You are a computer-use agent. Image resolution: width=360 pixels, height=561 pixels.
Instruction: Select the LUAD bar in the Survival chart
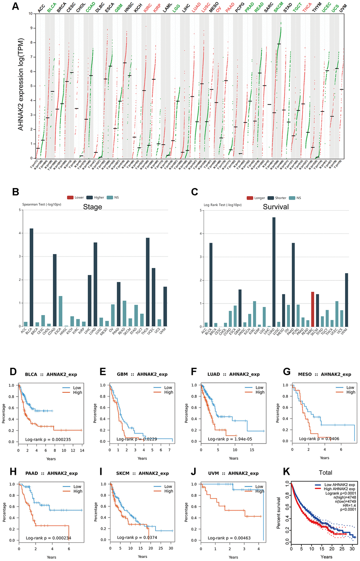tap(274, 272)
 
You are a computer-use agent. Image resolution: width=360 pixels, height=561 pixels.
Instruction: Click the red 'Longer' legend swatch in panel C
tap(250, 198)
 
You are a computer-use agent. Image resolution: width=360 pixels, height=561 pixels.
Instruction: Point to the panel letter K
tap(287, 472)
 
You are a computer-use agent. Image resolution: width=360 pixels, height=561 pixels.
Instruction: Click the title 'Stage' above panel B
tap(92, 207)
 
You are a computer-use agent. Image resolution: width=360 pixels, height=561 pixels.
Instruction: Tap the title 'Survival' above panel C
tap(276, 207)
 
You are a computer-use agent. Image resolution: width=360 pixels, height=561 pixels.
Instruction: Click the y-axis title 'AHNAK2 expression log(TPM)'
tap(21, 84)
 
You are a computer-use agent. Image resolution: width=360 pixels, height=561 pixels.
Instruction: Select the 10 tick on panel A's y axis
tap(31, 13)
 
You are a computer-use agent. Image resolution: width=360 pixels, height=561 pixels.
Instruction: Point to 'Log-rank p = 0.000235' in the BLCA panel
tap(48, 440)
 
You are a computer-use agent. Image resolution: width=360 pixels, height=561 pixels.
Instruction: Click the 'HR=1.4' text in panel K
tap(349, 506)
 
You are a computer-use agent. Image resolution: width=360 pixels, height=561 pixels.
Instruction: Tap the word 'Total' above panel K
tap(325, 472)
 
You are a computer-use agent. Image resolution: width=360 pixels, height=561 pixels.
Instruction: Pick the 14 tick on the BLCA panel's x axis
tap(82, 450)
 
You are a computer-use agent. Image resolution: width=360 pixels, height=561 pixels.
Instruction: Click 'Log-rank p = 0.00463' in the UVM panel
tap(229, 538)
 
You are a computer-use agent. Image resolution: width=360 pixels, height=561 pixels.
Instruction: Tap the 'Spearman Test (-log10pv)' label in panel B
tap(42, 204)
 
